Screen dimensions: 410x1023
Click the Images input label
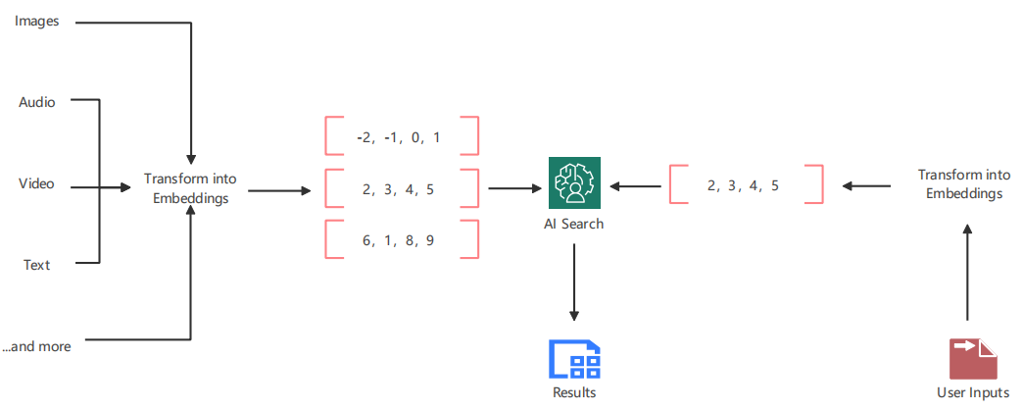pos(37,22)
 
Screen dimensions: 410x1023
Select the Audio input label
pos(36,101)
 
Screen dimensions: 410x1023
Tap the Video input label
pos(36,183)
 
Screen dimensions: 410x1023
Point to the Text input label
pos(36,264)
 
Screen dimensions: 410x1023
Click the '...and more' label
pos(36,345)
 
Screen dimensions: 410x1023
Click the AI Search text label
pos(574,224)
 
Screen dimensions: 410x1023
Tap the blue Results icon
pos(574,359)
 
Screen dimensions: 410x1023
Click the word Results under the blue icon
pos(574,393)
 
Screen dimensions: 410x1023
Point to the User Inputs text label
pos(973,393)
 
